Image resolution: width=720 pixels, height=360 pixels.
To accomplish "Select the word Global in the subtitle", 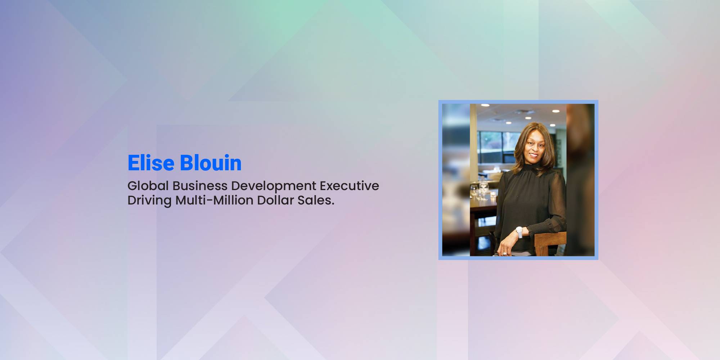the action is click(x=148, y=186).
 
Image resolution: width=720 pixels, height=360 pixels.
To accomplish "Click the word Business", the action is click(x=200, y=186).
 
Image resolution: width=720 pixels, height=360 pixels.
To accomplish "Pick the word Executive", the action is click(x=349, y=186).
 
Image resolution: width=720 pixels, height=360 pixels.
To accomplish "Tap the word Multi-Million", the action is click(x=214, y=200).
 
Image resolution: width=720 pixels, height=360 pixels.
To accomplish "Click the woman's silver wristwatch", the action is click(x=519, y=232).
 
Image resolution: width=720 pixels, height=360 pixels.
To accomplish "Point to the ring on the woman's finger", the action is click(x=505, y=254).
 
